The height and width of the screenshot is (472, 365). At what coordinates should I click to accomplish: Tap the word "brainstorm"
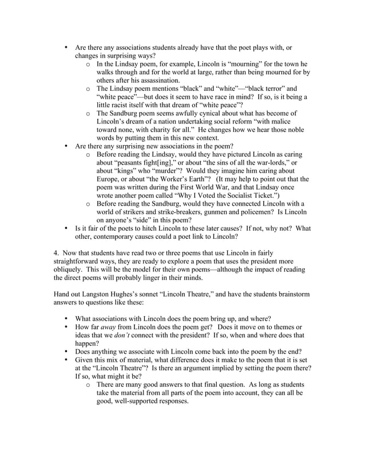pos(291,294)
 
